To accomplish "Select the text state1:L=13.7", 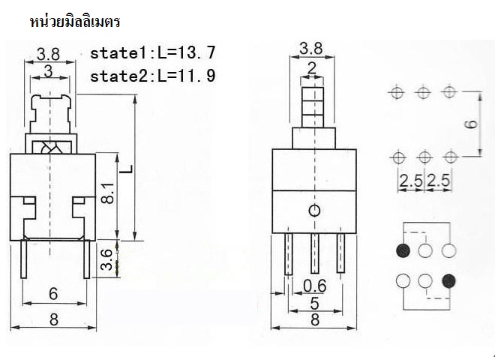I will pos(153,54).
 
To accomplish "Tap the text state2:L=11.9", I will pos(153,76).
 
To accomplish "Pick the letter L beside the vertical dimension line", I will pos(128,170).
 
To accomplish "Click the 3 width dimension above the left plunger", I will pos(48,72).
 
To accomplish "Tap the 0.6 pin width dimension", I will pos(314,285).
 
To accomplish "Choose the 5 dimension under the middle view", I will pos(314,304).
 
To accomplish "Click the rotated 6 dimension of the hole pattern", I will pos(470,124).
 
